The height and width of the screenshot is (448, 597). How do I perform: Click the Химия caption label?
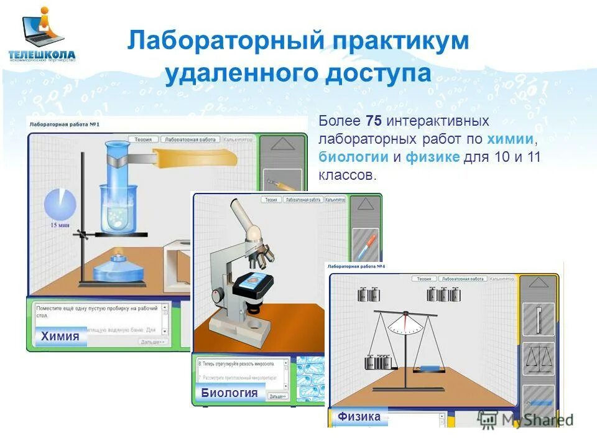click(x=60, y=337)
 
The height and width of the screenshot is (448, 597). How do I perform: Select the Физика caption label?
click(x=359, y=417)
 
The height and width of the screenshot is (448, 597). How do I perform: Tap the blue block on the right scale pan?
click(x=428, y=368)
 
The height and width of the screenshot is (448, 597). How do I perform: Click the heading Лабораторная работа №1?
click(x=65, y=124)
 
